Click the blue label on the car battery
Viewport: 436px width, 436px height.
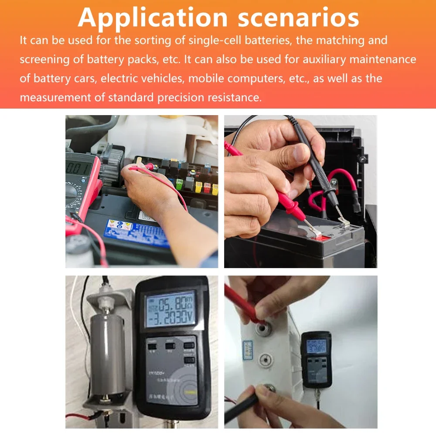(x=136, y=233)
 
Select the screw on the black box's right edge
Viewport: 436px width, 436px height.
(x=361, y=160)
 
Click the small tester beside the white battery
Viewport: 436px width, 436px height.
(x=316, y=359)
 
